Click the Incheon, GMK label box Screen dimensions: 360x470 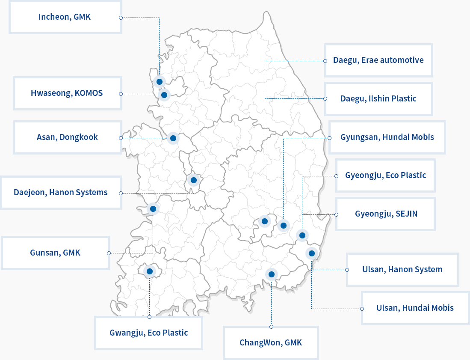click(x=65, y=17)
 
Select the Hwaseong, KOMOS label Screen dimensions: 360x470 click(x=67, y=93)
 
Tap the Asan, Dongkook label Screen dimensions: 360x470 click(x=67, y=137)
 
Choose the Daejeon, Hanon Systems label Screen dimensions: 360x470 click(x=61, y=192)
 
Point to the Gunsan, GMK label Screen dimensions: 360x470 click(x=55, y=253)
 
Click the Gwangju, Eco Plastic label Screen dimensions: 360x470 click(x=148, y=333)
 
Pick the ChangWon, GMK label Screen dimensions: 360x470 click(x=271, y=342)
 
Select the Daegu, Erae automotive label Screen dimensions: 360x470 click(x=378, y=60)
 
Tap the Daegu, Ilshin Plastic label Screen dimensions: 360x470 click(x=378, y=98)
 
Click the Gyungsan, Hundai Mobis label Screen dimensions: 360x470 click(x=387, y=137)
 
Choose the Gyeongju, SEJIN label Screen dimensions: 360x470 click(x=386, y=214)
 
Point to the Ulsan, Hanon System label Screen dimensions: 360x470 click(x=402, y=269)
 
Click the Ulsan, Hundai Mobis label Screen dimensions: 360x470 click(x=415, y=308)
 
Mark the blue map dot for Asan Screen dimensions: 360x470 click(x=173, y=138)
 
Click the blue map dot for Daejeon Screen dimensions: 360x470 click(x=193, y=180)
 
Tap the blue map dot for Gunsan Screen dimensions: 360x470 click(x=153, y=209)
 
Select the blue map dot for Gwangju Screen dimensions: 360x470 click(x=149, y=271)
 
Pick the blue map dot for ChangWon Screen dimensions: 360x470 click(x=271, y=274)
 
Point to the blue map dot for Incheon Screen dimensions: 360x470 click(x=160, y=81)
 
